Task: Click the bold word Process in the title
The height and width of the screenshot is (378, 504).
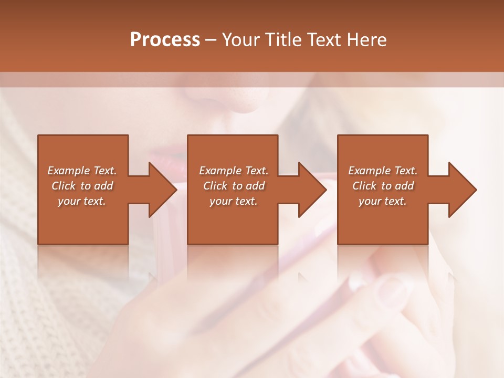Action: (x=165, y=40)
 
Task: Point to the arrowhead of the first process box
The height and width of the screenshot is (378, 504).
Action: (x=163, y=190)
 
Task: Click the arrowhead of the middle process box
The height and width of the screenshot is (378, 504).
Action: (x=313, y=190)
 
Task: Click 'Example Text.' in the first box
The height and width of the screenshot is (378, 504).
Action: (x=82, y=171)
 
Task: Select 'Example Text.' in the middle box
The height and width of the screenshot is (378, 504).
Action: (x=234, y=171)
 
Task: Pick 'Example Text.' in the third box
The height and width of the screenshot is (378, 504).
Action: (x=383, y=171)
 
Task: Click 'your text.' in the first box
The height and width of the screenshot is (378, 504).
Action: (x=82, y=201)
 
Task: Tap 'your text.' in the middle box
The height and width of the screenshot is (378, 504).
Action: (x=234, y=201)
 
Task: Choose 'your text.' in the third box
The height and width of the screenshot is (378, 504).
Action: (x=383, y=201)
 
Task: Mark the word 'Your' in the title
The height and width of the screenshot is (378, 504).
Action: (x=239, y=40)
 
